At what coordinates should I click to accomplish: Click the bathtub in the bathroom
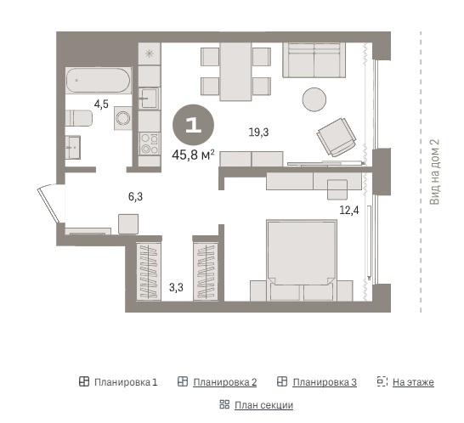(99, 81)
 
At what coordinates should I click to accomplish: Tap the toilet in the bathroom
(79, 118)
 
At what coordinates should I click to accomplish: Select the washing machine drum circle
(123, 118)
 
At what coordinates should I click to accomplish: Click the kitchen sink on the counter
(149, 98)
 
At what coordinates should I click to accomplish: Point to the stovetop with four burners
(150, 144)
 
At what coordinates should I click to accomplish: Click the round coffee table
(314, 99)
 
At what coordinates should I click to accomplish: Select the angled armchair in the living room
(337, 137)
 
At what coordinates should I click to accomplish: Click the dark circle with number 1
(193, 125)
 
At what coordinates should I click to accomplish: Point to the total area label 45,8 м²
(193, 155)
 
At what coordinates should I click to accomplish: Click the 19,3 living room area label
(258, 133)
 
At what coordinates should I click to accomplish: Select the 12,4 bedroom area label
(349, 211)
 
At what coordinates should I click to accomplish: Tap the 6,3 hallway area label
(135, 196)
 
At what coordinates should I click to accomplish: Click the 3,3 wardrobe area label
(176, 287)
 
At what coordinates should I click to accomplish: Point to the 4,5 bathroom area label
(101, 104)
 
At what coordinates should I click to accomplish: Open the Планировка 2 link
(224, 382)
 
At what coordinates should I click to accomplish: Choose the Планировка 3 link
(325, 382)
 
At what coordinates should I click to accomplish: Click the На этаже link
(413, 382)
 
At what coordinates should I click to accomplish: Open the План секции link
(263, 405)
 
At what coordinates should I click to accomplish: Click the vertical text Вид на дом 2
(435, 172)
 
